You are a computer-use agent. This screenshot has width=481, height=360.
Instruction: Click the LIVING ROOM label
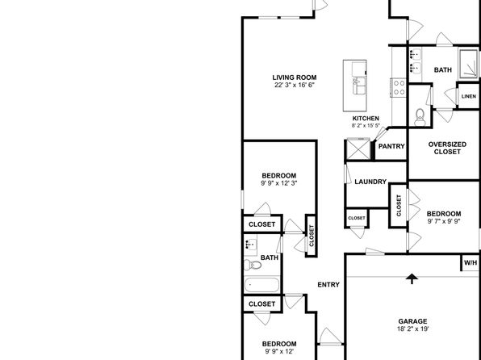[x=295, y=77]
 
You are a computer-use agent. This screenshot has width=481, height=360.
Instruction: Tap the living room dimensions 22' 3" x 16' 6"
[x=295, y=85]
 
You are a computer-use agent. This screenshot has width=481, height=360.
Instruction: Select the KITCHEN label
[x=366, y=119]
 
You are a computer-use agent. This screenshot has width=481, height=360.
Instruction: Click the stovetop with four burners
[x=399, y=87]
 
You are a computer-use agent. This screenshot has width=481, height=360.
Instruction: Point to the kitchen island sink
[x=359, y=86]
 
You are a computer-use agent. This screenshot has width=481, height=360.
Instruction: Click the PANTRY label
[x=391, y=146]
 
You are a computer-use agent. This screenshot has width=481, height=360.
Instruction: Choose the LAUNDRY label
[x=370, y=182]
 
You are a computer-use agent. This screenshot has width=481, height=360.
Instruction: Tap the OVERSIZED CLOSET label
[x=447, y=148]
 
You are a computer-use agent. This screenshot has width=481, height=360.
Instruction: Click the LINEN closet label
[x=469, y=96]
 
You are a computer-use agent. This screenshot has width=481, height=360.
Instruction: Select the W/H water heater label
[x=471, y=262]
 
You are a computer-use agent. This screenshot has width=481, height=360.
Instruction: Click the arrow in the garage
[x=412, y=279]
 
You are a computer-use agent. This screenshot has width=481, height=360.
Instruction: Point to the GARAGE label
[x=412, y=321]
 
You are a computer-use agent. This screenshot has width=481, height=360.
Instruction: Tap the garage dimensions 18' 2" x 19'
[x=412, y=329]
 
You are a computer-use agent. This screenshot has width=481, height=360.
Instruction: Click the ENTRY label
[x=328, y=285]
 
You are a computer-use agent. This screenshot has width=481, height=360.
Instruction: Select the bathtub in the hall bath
[x=262, y=285]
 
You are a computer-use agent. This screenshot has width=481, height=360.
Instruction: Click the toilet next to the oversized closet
[x=420, y=117]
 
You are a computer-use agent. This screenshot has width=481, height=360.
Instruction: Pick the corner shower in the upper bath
[x=468, y=63]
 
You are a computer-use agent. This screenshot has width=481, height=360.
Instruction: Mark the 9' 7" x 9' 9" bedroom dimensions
[x=444, y=221]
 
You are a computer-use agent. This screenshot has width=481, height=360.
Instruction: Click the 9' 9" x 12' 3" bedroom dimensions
[x=279, y=183]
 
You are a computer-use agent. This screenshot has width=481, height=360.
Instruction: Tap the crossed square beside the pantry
[x=358, y=150]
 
